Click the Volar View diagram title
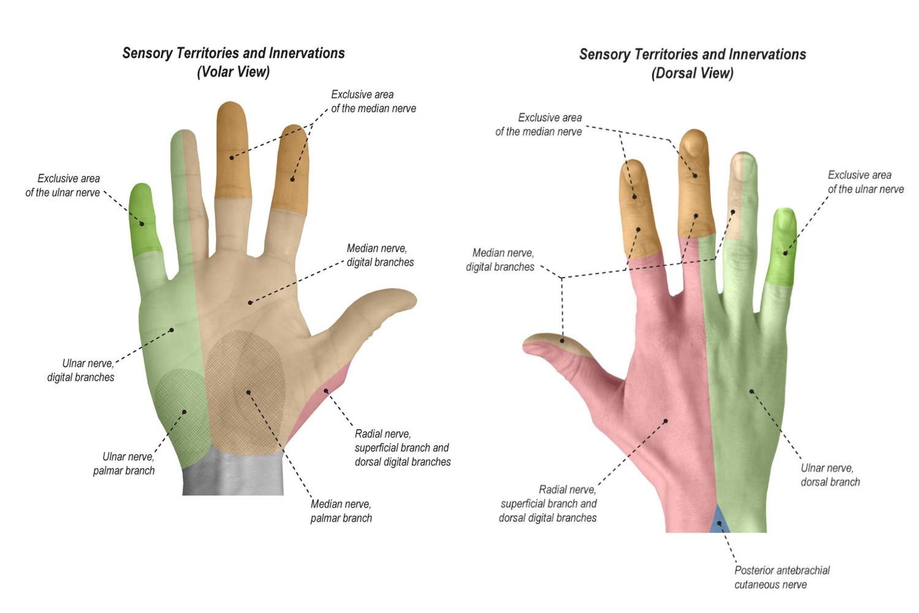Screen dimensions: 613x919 233,62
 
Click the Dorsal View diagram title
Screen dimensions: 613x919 692,63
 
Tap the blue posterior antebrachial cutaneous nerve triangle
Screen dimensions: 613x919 720,521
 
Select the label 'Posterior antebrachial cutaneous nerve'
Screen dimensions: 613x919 781,577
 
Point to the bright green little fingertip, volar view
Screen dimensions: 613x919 145,218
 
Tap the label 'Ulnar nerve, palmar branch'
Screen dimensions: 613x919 127,463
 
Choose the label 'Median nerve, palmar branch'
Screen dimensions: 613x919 341,511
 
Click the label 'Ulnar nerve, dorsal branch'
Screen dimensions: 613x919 830,474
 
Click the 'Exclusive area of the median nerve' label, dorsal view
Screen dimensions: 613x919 539,124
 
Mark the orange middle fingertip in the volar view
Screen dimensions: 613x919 232,150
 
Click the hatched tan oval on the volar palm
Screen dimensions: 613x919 245,392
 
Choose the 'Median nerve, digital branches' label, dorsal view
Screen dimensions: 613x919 501,259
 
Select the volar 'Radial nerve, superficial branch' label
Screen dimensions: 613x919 403,447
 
